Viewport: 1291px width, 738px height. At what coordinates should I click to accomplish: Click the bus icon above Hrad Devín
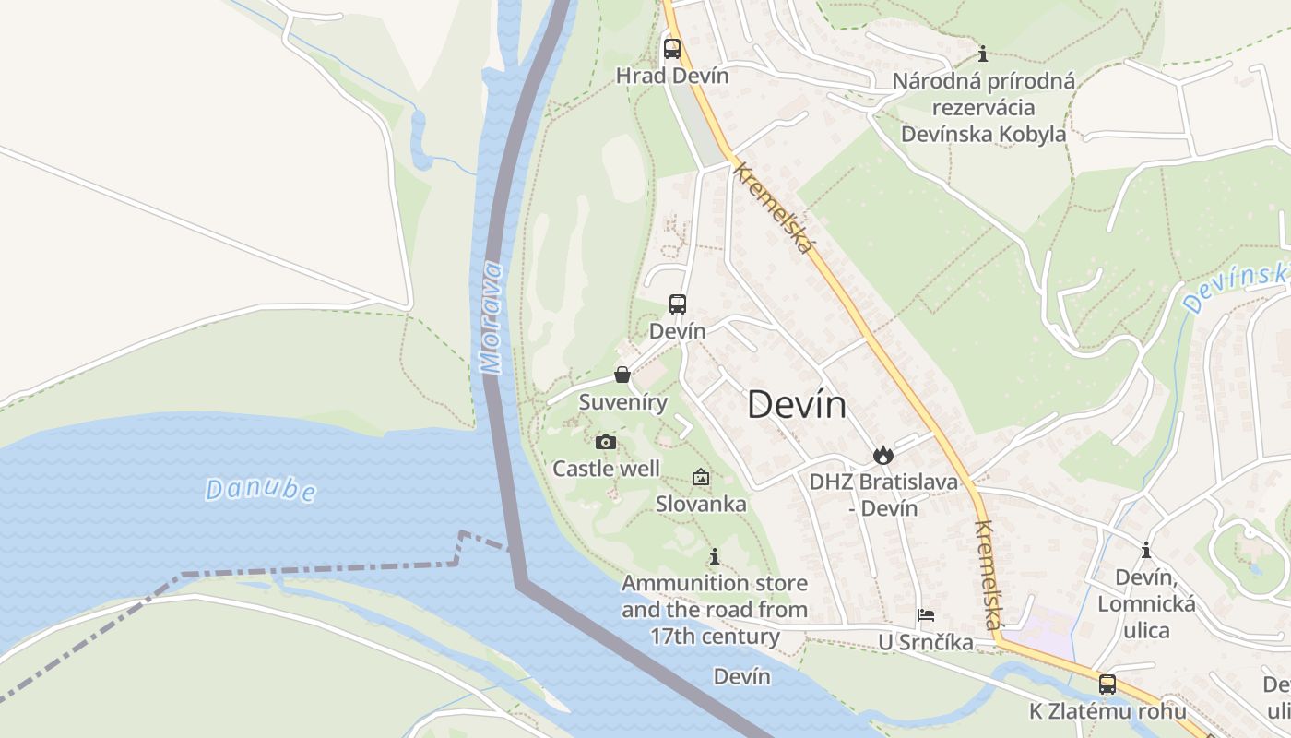(672, 48)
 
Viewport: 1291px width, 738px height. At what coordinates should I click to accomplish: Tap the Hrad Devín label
(672, 76)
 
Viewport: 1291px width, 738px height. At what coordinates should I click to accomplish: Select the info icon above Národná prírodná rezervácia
(983, 54)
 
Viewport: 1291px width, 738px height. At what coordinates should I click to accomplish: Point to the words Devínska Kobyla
(983, 134)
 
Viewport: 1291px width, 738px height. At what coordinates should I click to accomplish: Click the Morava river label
(492, 318)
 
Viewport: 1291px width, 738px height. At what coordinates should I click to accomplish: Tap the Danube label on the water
(260, 490)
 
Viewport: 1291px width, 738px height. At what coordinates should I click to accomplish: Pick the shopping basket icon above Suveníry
(622, 375)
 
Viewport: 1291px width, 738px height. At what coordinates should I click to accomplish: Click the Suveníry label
(623, 402)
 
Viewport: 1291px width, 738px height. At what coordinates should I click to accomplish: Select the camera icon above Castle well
(606, 443)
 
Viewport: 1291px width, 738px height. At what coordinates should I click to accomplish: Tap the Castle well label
(606, 469)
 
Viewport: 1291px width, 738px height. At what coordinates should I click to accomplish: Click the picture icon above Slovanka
(701, 477)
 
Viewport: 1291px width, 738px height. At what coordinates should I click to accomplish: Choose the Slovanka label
(701, 504)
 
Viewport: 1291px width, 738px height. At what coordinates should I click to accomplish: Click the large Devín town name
(797, 404)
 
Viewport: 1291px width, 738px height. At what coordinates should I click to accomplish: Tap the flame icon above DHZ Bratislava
(882, 455)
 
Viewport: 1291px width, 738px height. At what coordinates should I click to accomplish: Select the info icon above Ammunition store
(714, 556)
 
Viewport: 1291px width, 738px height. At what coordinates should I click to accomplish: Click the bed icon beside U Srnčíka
(926, 615)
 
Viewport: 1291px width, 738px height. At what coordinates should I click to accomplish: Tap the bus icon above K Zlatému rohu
(1107, 684)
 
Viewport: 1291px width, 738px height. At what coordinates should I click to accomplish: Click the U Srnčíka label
(925, 642)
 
